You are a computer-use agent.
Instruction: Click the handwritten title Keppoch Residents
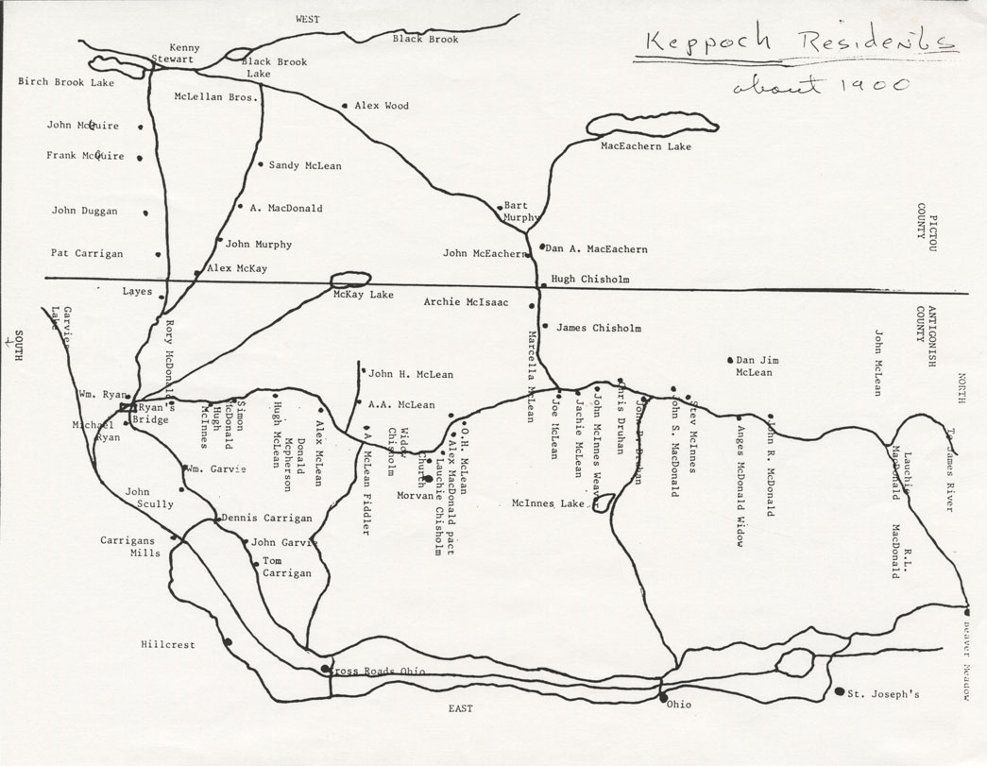(x=795, y=43)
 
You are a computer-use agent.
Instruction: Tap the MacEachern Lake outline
(x=652, y=127)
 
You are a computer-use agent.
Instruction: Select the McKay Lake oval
(x=349, y=280)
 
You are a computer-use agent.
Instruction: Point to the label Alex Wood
(x=382, y=106)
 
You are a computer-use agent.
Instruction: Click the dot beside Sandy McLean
(x=261, y=164)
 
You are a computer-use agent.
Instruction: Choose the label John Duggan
(x=84, y=212)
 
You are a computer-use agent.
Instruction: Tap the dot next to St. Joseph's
(x=840, y=691)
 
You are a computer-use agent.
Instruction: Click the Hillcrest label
(x=168, y=645)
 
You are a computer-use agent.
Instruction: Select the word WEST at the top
(x=308, y=19)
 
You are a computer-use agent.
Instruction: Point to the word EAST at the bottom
(x=461, y=708)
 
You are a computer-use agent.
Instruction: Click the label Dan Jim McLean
(x=754, y=366)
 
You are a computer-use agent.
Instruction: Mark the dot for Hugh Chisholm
(x=542, y=284)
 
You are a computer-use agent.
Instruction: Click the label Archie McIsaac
(x=467, y=302)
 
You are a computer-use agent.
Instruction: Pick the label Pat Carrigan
(x=86, y=253)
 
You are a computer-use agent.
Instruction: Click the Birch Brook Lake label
(x=66, y=82)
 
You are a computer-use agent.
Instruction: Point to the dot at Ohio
(x=662, y=699)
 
